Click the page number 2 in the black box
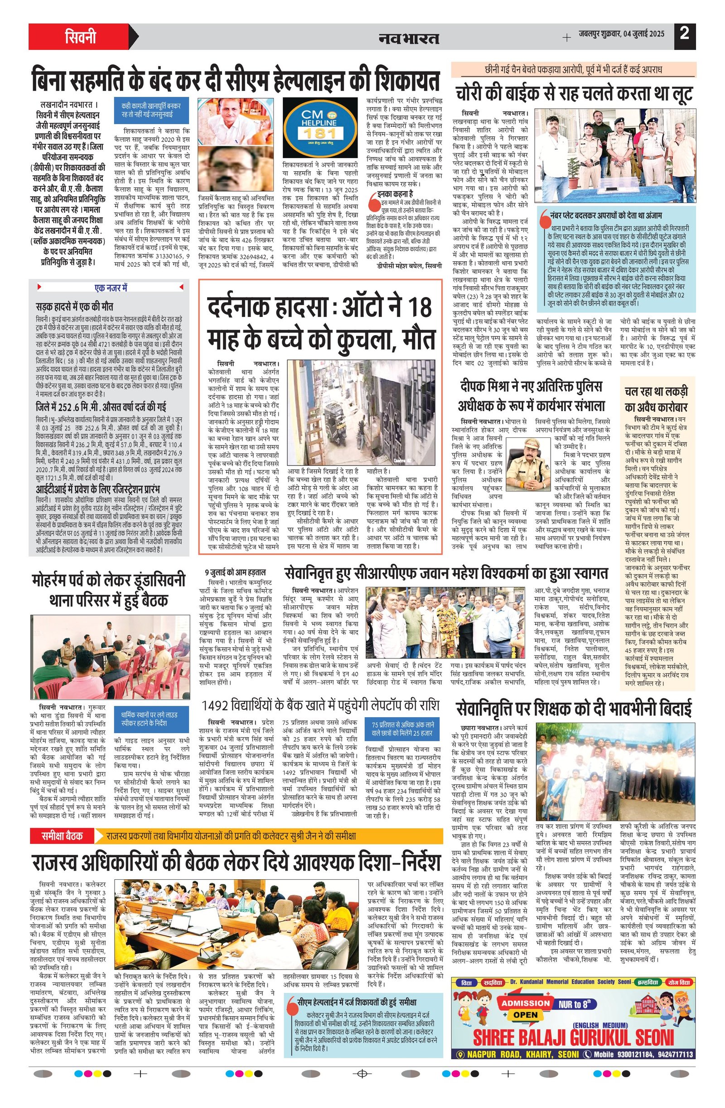coord(684,34)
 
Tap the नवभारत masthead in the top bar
coord(409,37)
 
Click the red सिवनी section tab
coord(80,36)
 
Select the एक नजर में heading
coord(111,288)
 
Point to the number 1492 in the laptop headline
coord(216,706)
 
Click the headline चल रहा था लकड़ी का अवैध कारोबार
coord(656,398)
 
